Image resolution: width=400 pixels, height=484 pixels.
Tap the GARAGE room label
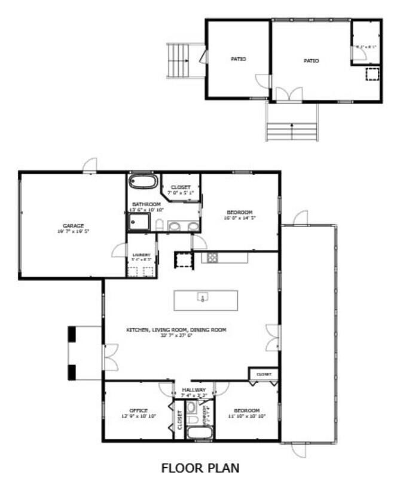(x=73, y=225)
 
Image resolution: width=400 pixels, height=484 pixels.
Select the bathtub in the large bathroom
(x=143, y=181)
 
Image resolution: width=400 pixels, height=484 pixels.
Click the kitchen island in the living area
(x=206, y=299)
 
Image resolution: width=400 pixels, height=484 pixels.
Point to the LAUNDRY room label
(x=141, y=255)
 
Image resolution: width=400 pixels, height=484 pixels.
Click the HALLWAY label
(x=194, y=390)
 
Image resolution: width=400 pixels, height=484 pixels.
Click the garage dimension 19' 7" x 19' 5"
(x=73, y=232)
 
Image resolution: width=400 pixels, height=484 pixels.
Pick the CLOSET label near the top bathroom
(x=180, y=187)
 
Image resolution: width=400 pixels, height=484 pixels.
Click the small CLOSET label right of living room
(x=264, y=375)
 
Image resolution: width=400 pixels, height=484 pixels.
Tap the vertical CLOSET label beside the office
(x=179, y=420)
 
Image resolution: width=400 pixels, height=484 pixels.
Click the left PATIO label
(x=239, y=59)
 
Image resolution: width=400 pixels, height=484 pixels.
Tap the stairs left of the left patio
(x=178, y=60)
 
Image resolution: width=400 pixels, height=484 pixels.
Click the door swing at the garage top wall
(x=90, y=165)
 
